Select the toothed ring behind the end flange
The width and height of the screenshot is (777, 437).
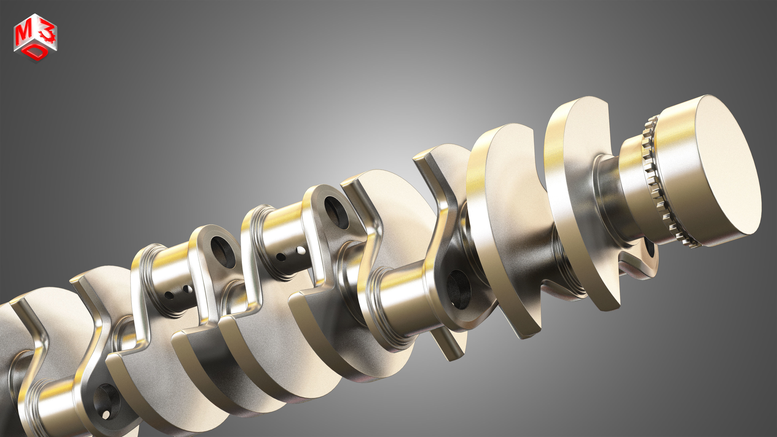coord(651,181)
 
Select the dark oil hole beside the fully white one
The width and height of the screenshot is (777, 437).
coord(281,257)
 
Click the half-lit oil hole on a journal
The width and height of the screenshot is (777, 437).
coord(188,289)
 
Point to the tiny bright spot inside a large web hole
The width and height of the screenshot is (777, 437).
coord(106,415)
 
